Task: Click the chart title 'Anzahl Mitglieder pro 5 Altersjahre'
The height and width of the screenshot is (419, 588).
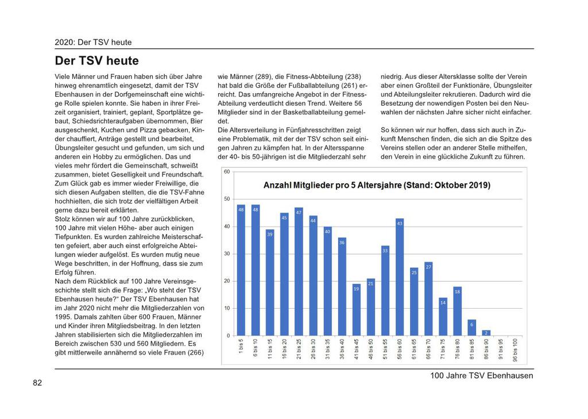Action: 377,185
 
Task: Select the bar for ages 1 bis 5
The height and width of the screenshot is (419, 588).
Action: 241,270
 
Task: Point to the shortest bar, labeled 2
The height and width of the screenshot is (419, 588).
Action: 486,333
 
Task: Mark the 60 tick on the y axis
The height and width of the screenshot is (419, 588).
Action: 227,172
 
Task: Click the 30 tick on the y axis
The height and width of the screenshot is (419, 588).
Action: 227,253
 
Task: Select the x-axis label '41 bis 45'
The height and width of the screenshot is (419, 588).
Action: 357,350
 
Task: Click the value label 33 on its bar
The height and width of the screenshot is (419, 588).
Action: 385,250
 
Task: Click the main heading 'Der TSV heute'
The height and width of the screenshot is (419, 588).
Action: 96,61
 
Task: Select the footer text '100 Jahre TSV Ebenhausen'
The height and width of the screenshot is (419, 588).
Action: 481,376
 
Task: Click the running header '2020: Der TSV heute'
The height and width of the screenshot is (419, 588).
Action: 93,42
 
